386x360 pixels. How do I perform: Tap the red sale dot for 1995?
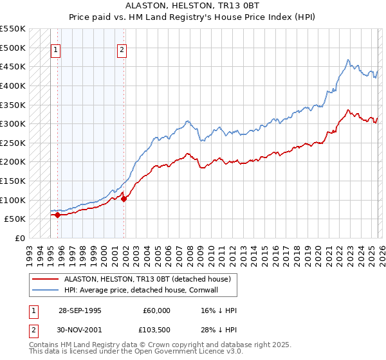pyautogui.click(x=58, y=215)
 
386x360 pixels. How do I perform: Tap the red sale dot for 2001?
pyautogui.click(x=124, y=199)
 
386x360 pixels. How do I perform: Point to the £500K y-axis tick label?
pyautogui.click(x=13, y=48)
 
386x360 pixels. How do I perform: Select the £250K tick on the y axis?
pyautogui.click(x=13, y=143)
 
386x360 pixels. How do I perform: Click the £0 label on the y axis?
pyautogui.click(x=19, y=238)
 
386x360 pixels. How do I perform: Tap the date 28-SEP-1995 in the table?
pyautogui.click(x=80, y=310)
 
